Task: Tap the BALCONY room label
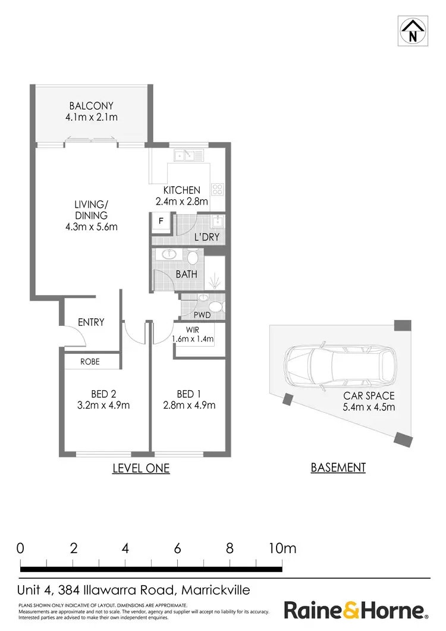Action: pos(91,106)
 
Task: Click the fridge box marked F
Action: pos(161,222)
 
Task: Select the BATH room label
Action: pos(186,275)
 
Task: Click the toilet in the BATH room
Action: pos(192,258)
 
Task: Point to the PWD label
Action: pos(202,315)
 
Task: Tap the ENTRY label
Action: pos(91,322)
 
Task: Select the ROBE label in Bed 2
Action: pos(90,361)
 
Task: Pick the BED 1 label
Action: pos(186,394)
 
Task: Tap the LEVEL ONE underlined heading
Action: pos(141,469)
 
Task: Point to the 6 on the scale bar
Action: pos(177,548)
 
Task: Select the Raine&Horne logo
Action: pos(356,610)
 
